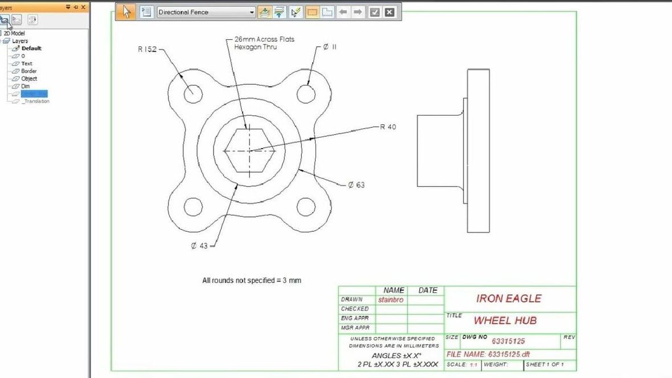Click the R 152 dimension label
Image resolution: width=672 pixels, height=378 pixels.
[147, 50]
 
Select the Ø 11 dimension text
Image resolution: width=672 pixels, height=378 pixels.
[329, 47]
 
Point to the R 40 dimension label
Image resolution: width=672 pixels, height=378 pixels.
[388, 127]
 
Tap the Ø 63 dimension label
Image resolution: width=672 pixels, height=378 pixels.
[356, 185]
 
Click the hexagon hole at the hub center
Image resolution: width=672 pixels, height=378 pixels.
[249, 150]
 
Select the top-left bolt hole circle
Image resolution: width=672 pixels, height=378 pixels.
[192, 92]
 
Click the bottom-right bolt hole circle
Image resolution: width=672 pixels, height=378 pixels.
[306, 207]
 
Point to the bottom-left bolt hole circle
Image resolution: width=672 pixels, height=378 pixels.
[193, 207]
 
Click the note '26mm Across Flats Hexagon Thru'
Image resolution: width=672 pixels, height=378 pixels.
[264, 43]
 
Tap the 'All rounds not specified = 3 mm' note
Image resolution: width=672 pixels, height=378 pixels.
[251, 280]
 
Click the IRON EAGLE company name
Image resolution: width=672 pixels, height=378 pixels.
[509, 298]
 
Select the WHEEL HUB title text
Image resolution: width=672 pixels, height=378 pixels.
[505, 321]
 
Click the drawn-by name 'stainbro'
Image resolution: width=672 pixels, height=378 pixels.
[392, 299]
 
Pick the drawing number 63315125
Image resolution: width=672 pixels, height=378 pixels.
[508, 340]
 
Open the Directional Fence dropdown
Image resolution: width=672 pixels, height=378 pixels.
[252, 12]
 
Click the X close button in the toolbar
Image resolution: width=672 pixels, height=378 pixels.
[389, 12]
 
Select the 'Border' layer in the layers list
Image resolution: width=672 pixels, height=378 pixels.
[28, 71]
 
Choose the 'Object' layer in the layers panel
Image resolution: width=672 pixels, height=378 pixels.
[29, 79]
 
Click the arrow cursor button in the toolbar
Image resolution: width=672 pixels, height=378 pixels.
[127, 12]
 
